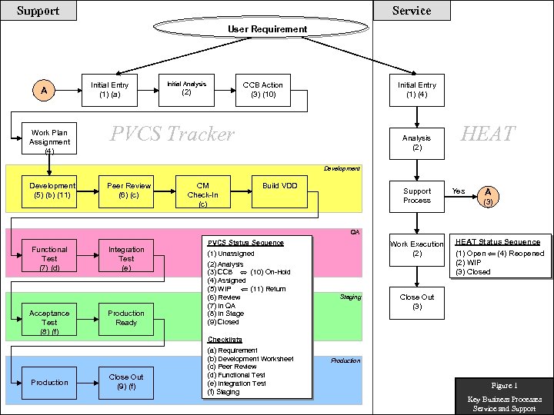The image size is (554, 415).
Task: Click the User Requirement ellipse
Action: [x=267, y=29]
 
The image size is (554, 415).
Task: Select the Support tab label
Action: [x=38, y=11]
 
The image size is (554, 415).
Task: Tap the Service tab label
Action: [x=412, y=11]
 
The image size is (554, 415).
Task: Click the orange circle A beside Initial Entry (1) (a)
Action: [x=44, y=91]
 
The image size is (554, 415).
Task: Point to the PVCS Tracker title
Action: [x=172, y=134]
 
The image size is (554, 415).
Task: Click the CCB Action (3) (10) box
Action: [x=262, y=90]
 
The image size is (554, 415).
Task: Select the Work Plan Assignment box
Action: [x=49, y=141]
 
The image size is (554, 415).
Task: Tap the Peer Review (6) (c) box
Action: [x=128, y=191]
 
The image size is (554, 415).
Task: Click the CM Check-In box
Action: [x=202, y=195]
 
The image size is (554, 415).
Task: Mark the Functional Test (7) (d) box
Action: [x=49, y=258]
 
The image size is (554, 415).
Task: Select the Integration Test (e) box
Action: [x=126, y=258]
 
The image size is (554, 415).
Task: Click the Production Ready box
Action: [x=126, y=317]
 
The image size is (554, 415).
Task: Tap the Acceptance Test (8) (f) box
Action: [x=49, y=322]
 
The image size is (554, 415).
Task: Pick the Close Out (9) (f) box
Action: [x=126, y=382]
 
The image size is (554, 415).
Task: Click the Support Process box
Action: [x=417, y=195]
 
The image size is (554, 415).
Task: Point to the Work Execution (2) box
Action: [x=417, y=248]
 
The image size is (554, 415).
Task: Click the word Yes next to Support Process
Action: [x=459, y=191]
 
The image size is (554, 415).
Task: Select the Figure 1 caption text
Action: [x=505, y=385]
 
